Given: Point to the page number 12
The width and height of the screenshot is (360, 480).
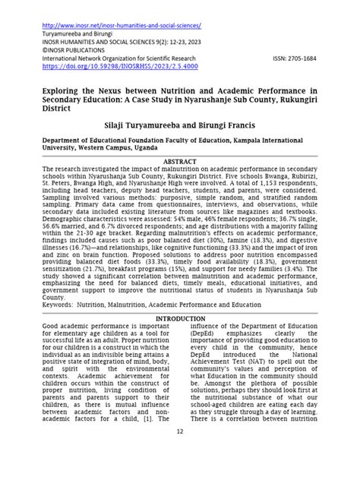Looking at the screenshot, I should pyautogui.click(x=180, y=453).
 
